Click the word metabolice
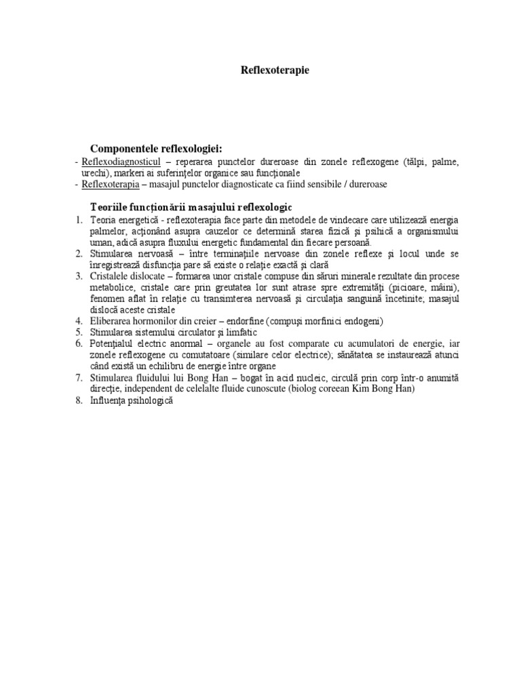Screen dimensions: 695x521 pos(113,288)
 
